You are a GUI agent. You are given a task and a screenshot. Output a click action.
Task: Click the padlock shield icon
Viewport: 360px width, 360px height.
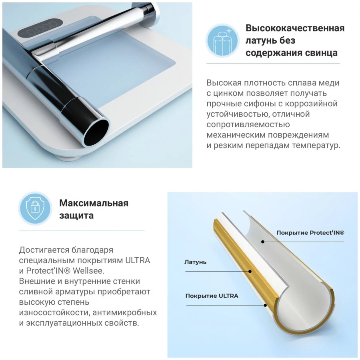click(x=35, y=208)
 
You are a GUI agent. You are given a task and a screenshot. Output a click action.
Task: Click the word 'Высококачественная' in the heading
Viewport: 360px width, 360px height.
click(x=295, y=28)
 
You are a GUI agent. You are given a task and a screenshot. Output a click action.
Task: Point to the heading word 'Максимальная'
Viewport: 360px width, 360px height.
click(x=94, y=203)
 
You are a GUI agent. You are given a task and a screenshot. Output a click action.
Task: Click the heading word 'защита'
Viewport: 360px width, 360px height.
click(x=76, y=216)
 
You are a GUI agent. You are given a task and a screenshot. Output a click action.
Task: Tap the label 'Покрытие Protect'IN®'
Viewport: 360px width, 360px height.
click(x=310, y=233)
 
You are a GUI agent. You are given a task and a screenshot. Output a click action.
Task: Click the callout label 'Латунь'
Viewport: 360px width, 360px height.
click(x=195, y=262)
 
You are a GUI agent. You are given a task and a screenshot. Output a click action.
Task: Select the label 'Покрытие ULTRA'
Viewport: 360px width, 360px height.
click(x=212, y=296)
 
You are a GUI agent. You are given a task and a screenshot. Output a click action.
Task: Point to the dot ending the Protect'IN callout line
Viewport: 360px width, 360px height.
click(x=263, y=242)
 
